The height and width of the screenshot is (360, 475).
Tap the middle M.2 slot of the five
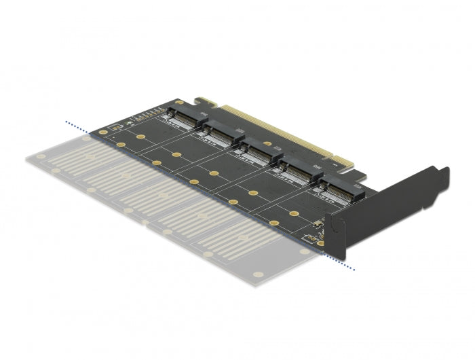coord(255,154)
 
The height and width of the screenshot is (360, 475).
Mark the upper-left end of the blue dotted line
coord(66,122)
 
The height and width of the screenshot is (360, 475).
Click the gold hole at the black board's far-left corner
coord(103,132)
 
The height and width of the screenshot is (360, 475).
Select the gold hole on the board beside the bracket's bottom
coord(321,242)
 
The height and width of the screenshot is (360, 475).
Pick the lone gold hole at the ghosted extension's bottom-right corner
coord(258,275)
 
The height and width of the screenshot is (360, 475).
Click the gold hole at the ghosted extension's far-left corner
coord(43,156)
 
